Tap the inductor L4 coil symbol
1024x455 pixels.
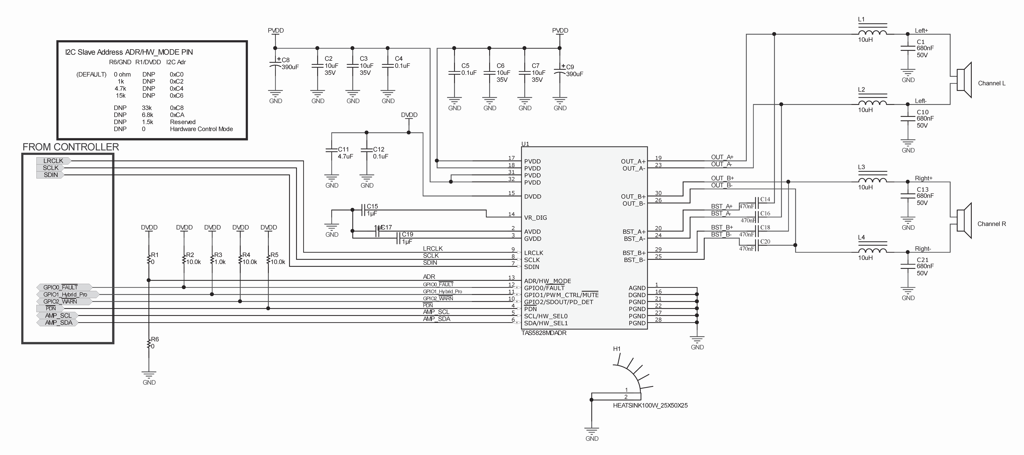click(872, 251)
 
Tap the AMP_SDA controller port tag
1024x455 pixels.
click(58, 323)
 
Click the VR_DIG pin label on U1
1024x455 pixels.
click(535, 218)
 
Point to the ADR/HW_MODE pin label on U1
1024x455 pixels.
click(547, 281)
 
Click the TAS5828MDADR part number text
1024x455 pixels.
click(544, 333)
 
